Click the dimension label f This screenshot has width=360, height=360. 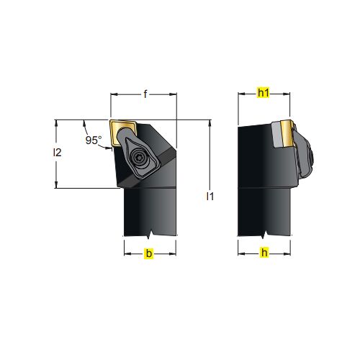click(145, 94)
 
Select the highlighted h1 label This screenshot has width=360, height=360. click(264, 93)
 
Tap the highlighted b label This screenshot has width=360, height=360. click(149, 253)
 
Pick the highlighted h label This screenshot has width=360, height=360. click(264, 253)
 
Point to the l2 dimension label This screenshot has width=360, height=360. click(57, 153)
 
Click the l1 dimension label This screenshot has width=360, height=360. click(210, 197)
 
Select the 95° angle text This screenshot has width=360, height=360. click(94, 140)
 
